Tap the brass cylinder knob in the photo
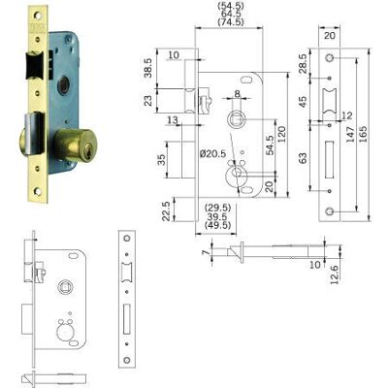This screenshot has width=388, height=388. [73, 145]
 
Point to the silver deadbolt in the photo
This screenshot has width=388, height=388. [33, 133]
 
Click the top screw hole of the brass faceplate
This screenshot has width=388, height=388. [38, 16]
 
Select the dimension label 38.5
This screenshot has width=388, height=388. [148, 68]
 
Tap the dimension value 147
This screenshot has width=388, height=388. [350, 133]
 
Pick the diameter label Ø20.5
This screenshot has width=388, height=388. [213, 153]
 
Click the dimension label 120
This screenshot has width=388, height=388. [281, 135]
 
